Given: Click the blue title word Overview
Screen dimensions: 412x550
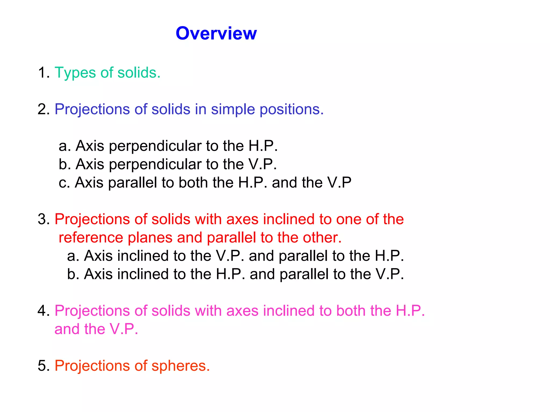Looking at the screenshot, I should click(216, 34).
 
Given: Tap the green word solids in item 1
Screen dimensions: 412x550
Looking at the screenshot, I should click(139, 73).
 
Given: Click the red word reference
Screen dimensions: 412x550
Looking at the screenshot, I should click(91, 238).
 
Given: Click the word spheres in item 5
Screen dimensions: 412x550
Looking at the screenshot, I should click(180, 366).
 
